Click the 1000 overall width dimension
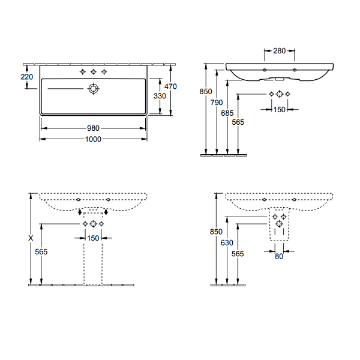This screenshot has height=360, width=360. (x=93, y=139)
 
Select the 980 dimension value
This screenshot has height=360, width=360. (x=93, y=128)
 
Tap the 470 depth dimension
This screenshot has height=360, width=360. (x=170, y=86)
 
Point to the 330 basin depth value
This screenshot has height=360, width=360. (x=160, y=96)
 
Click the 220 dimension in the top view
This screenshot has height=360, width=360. (x=27, y=77)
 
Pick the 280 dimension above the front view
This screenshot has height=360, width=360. (x=280, y=51)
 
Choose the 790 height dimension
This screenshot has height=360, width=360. (x=217, y=103)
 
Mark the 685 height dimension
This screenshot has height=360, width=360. (x=227, y=113)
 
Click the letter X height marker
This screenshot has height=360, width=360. (x=31, y=238)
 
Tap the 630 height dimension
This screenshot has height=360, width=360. (x=227, y=242)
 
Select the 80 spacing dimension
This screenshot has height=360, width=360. (x=279, y=256)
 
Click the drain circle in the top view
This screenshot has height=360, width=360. (x=93, y=89)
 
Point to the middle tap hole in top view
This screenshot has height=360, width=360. (x=93, y=72)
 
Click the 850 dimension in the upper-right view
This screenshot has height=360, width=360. (x=206, y=92)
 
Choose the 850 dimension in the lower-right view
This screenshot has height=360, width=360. (x=216, y=232)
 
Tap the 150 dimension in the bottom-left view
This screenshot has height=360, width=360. (x=93, y=238)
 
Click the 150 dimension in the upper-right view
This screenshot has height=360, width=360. (x=279, y=110)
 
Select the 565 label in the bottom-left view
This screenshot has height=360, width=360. (x=41, y=252)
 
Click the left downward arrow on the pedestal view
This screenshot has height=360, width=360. (x=80, y=212)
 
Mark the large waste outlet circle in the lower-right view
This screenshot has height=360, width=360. (x=279, y=223)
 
